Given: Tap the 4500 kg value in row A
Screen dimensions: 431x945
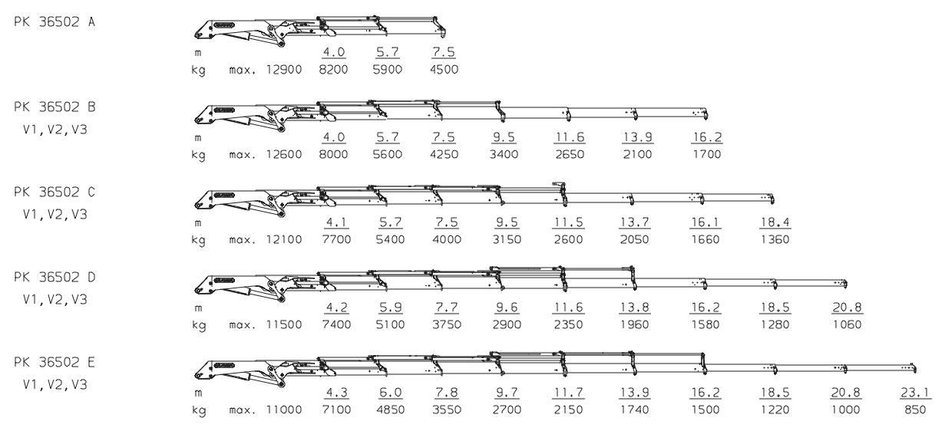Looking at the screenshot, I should (443, 70).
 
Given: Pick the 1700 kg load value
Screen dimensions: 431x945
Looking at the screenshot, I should (707, 155).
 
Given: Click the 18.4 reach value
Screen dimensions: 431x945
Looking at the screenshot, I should (775, 222).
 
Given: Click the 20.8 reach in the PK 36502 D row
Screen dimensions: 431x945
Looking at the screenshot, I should (846, 308).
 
